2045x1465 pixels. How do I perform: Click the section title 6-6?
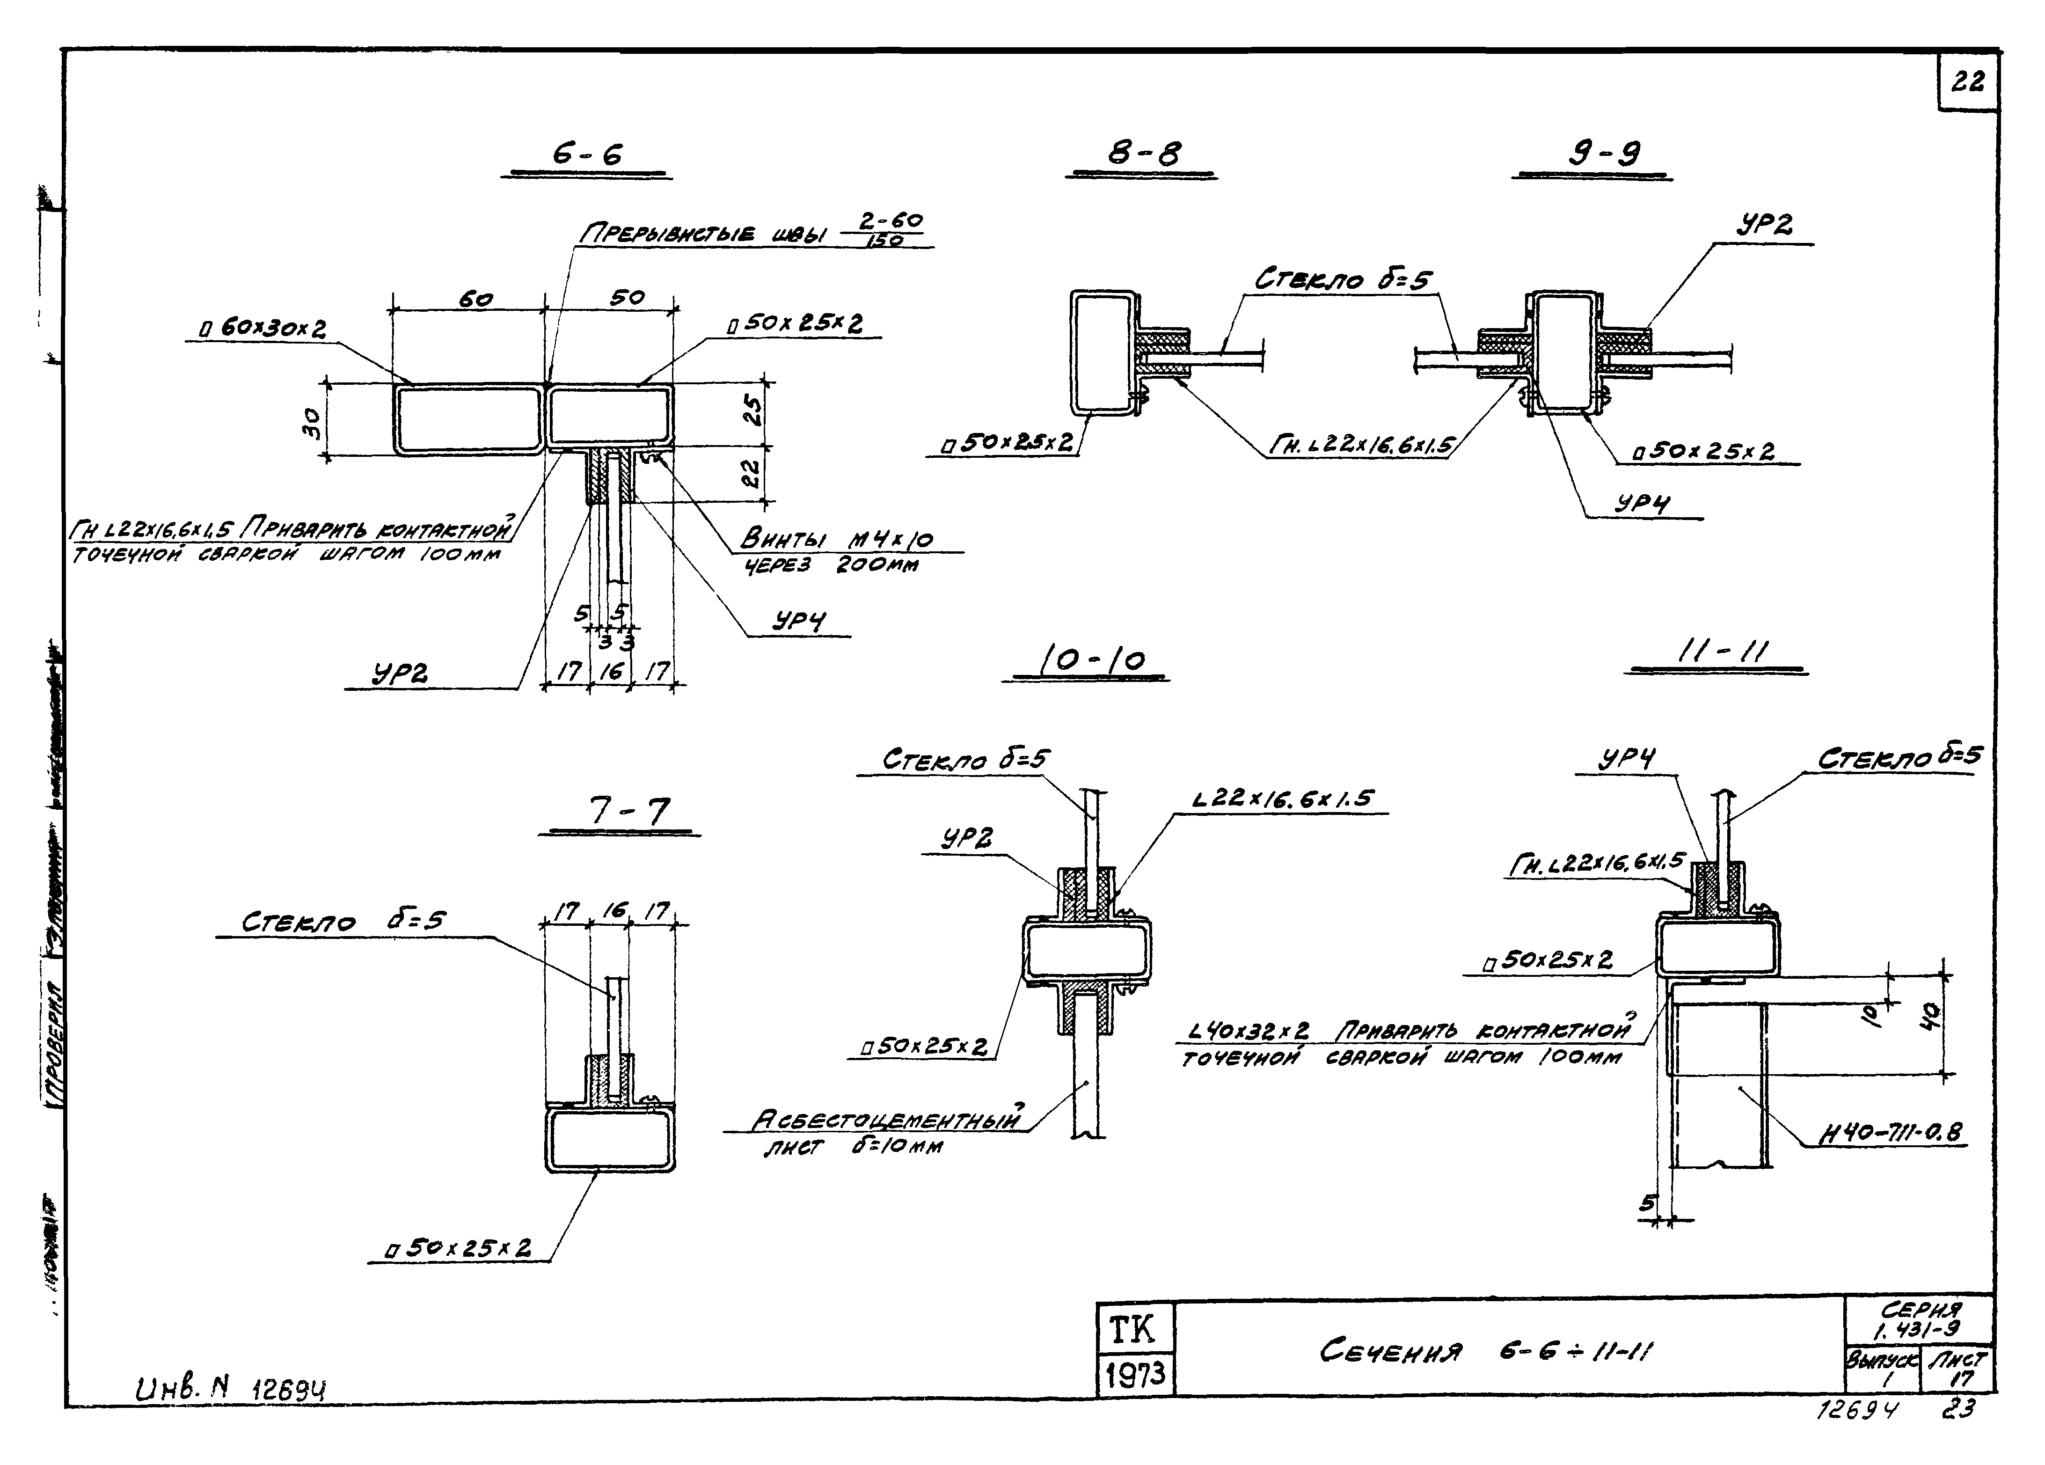coord(587,155)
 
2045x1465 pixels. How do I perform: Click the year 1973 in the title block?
coord(1136,1375)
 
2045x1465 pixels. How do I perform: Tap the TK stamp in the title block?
coord(1132,1330)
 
